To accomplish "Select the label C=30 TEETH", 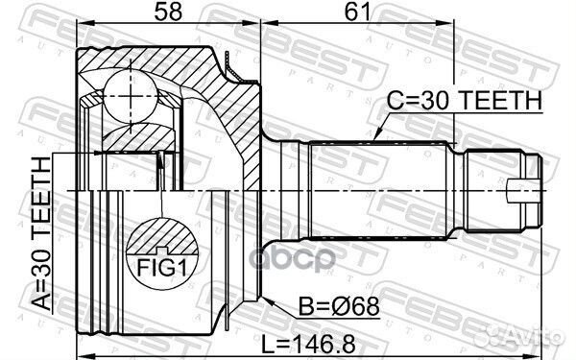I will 465,99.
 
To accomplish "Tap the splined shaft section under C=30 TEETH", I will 374,187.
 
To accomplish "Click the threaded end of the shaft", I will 490,187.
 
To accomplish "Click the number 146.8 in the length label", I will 347,343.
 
